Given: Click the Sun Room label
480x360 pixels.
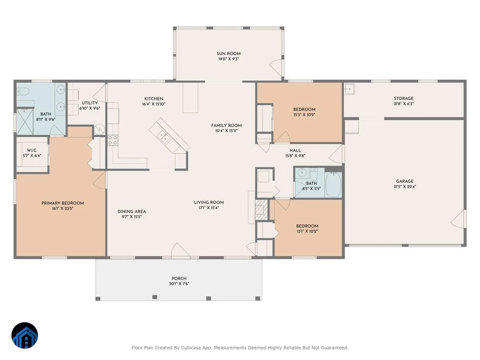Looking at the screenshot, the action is coord(228,54).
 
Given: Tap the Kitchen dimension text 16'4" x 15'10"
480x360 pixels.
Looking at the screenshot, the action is coord(154,104).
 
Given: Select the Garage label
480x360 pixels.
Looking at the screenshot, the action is coord(404,181).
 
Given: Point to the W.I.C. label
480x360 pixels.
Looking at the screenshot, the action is coord(32,150).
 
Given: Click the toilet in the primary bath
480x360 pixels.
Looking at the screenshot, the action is coord(23,91).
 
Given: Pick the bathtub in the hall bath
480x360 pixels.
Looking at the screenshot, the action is coord(333,184).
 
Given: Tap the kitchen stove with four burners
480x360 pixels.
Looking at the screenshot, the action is coord(113,140).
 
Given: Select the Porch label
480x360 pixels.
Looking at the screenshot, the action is coord(179,278).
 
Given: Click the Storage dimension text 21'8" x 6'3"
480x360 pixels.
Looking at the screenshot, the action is coord(404,104).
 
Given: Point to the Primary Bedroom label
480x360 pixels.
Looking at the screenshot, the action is coord(63,203).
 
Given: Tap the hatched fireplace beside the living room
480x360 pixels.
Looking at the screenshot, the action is coord(262,210).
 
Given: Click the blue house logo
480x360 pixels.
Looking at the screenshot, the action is coord(25,335).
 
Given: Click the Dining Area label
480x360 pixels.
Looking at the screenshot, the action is coord(132,211).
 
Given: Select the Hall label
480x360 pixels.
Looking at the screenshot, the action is coord(295,150).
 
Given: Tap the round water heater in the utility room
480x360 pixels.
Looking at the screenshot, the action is coord(100,129).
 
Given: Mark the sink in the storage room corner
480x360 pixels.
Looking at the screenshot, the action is coord(350,89).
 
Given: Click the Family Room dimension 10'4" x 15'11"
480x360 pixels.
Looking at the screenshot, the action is coord(226,131).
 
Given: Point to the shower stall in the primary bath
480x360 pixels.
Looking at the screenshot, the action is coord(25,122).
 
